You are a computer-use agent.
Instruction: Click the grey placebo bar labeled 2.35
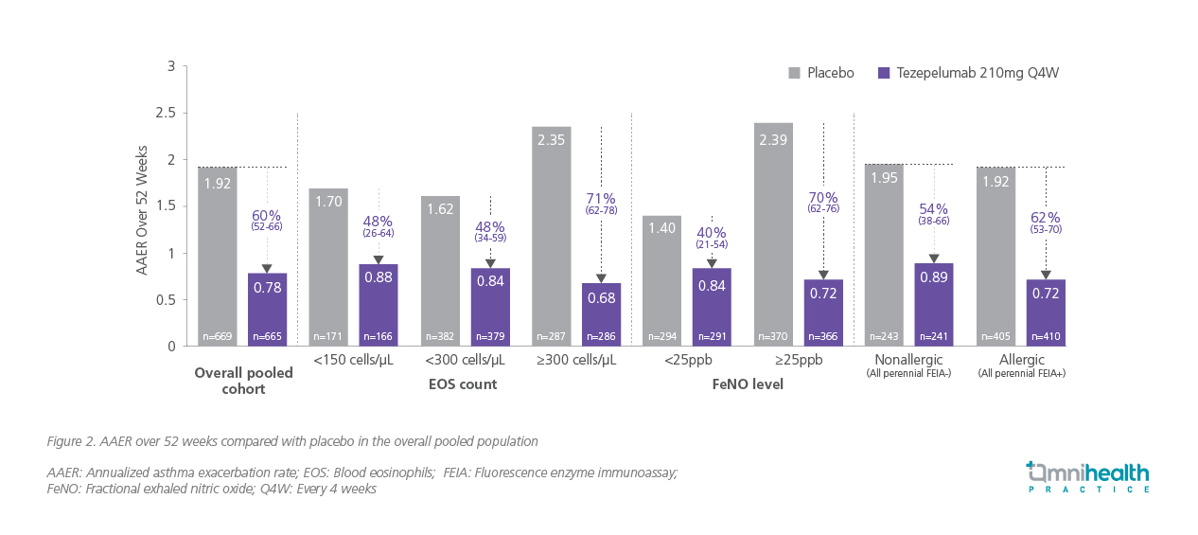pyautogui.click(x=551, y=237)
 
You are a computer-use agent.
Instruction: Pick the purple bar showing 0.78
pyautogui.click(x=267, y=310)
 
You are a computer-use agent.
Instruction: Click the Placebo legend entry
pyautogui.click(x=820, y=73)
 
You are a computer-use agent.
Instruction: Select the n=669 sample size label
pyautogui.click(x=218, y=336)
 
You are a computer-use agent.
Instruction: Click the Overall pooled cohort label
pyautogui.click(x=243, y=380)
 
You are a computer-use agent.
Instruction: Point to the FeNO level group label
pyautogui.click(x=748, y=385)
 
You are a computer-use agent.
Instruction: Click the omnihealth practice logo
pyautogui.click(x=1088, y=476)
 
